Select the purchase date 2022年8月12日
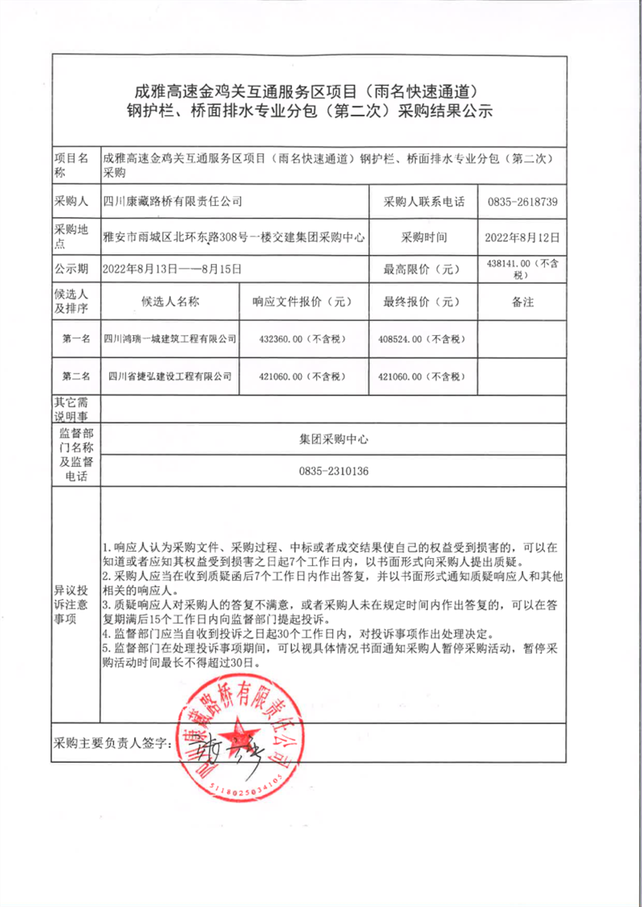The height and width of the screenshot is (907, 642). pos(522,237)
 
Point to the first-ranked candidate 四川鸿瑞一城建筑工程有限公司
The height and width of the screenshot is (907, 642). pos(170,339)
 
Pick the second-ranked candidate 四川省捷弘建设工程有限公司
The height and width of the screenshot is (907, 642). pos(170,375)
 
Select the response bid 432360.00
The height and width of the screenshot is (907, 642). pos(302,339)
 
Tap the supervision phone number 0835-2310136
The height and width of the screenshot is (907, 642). pos(334,471)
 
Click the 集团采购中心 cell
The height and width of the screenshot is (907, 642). pos(334,439)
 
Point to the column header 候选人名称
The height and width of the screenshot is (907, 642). pos(170,302)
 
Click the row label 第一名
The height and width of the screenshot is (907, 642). pos(75,339)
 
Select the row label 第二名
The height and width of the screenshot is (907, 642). pos(75,375)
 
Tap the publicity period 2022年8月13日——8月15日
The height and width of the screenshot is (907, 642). pos(173,268)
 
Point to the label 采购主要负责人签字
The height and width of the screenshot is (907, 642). pos(112,743)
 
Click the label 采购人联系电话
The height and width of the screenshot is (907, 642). pos(424,201)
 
